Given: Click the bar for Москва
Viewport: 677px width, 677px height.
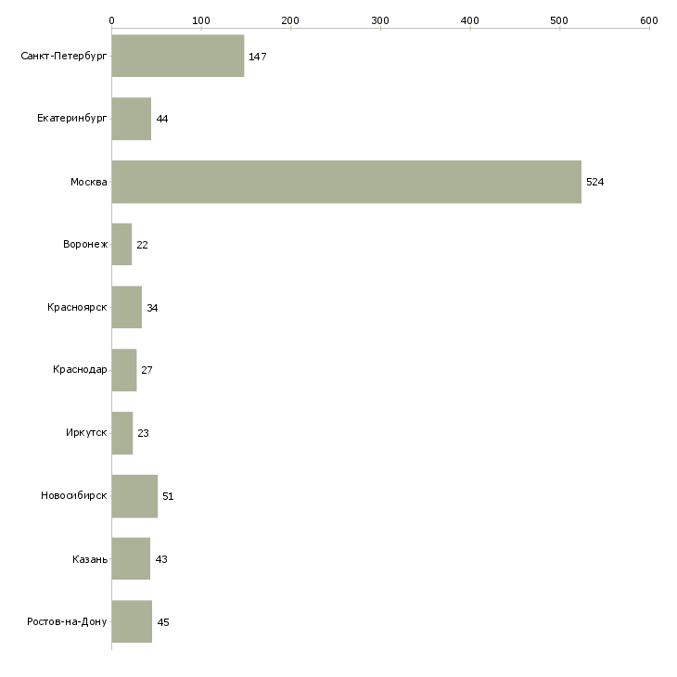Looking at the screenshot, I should tap(346, 182).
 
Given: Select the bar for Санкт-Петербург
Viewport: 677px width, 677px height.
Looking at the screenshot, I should tap(177, 57).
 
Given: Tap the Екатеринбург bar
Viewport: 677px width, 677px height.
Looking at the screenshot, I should tap(131, 119).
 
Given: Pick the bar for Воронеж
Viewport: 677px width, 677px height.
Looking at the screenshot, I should tap(121, 245).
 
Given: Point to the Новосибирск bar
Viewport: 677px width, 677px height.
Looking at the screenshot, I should tap(134, 496).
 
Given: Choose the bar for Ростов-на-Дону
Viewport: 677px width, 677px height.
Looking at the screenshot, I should tap(132, 621).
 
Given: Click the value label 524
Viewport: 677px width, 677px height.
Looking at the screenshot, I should tap(594, 182).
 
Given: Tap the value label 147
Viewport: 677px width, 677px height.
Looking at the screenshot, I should tap(257, 57).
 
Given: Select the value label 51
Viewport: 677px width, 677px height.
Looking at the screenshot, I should tap(168, 496).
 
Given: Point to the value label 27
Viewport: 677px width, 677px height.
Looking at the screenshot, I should tap(147, 370).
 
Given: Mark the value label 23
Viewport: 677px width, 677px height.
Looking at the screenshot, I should tap(143, 433).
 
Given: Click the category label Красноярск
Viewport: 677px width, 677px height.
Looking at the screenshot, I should tap(77, 308).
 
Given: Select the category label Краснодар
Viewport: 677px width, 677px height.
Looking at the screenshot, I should tap(80, 370).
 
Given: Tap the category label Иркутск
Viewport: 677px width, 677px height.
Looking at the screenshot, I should tap(86, 433).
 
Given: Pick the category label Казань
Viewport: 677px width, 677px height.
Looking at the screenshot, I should tap(90, 559).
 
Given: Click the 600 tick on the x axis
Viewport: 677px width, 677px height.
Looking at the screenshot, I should tap(648, 19).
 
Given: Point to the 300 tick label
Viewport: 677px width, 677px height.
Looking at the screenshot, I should tap(380, 19).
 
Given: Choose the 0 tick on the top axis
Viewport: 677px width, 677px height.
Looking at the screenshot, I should tap(111, 19).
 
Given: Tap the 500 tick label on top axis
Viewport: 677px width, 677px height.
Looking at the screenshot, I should tap(559, 19).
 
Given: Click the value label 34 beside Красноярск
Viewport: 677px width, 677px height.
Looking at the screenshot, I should tap(152, 308).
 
